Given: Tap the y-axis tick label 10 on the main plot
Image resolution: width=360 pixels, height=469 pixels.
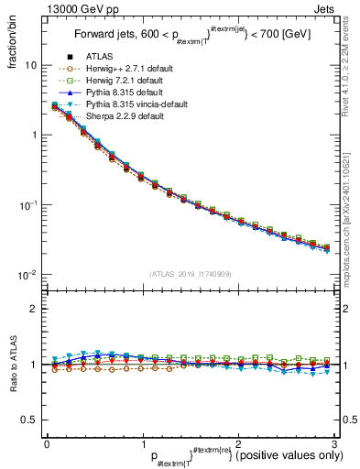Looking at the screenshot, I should pos(29,66).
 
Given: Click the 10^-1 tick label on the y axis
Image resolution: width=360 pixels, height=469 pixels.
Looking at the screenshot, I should pos(27,205).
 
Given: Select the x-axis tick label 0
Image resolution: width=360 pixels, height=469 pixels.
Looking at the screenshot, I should pos(47,442).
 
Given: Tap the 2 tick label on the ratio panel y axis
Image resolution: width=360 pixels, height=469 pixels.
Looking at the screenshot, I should pos(33,309).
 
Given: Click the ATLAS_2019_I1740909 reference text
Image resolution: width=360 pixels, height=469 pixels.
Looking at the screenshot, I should pos(189,274).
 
